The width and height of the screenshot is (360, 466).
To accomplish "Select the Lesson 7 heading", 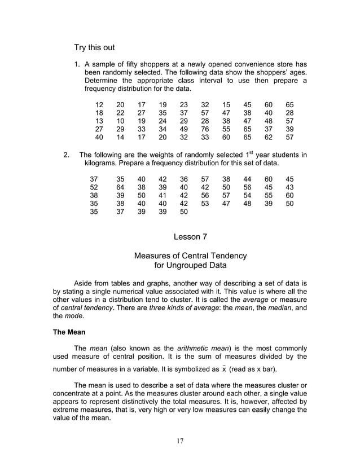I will [190, 237].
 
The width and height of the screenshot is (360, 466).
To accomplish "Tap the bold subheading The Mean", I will [68, 332].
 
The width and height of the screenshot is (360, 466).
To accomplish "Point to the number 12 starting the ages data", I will [99, 105].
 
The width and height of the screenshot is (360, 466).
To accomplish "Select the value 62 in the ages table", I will [269, 137].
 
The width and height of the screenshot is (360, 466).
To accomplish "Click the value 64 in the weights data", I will [120, 187].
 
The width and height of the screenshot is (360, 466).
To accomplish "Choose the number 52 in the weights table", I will [94, 187].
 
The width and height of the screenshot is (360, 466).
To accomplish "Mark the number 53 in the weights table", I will [205, 204].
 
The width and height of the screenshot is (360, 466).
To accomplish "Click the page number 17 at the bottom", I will [179, 441].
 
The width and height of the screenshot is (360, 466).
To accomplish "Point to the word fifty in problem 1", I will [135, 63].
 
